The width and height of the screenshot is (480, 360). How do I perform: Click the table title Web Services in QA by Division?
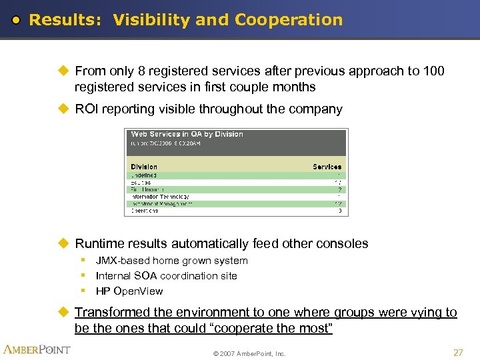187,134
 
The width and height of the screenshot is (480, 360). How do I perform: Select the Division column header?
144,167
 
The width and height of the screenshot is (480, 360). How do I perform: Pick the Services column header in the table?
327,167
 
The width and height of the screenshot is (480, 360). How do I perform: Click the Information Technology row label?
160,197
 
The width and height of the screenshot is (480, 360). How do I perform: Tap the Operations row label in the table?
145,211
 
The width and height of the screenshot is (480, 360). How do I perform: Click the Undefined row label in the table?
144,175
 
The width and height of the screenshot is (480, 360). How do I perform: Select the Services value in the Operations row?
339,211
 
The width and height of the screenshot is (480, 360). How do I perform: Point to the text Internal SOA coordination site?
166,275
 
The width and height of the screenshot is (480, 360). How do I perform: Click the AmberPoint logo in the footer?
37,349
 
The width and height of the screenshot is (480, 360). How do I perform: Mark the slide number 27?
457,352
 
